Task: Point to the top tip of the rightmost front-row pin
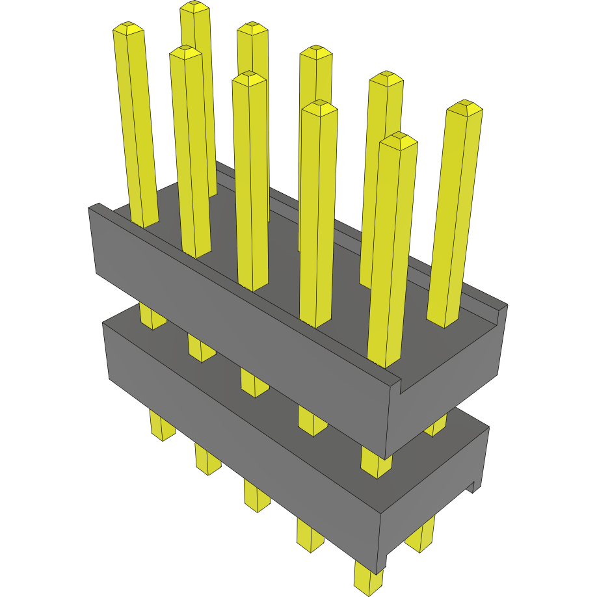tap(399, 139)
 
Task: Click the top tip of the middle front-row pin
tap(248, 78)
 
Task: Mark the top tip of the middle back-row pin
tap(316, 51)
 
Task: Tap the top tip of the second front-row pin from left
tap(185, 51)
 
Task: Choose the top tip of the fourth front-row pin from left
tap(319, 107)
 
